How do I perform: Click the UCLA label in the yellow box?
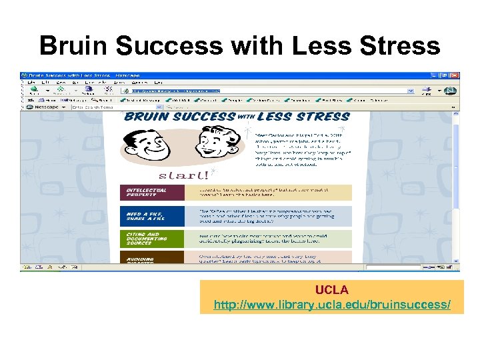[x=331, y=291]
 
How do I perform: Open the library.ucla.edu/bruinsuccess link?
[x=331, y=305]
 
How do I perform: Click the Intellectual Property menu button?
[x=152, y=193]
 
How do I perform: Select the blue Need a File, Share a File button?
[x=152, y=215]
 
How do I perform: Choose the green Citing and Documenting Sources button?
[x=152, y=238]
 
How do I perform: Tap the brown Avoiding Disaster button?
[x=152, y=260]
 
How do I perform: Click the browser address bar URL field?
[x=267, y=91]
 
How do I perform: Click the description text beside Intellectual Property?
[x=273, y=193]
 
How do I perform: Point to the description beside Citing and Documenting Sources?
[x=273, y=238]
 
